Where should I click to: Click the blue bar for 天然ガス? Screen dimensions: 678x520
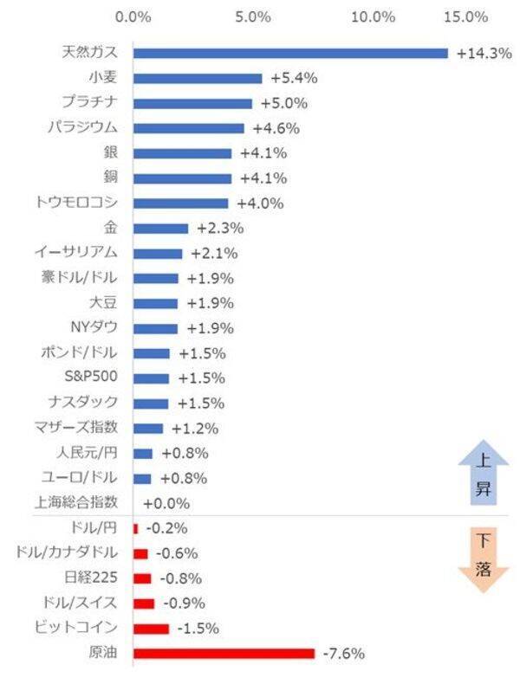point(290,53)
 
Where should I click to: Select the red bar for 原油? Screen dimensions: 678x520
point(224,653)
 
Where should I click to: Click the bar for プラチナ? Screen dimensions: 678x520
point(192,103)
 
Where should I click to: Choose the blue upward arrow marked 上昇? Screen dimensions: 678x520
point(477,475)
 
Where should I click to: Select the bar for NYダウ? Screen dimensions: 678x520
point(155,328)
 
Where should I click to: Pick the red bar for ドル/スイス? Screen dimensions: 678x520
point(144,603)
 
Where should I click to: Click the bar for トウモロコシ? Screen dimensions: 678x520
point(180,203)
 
